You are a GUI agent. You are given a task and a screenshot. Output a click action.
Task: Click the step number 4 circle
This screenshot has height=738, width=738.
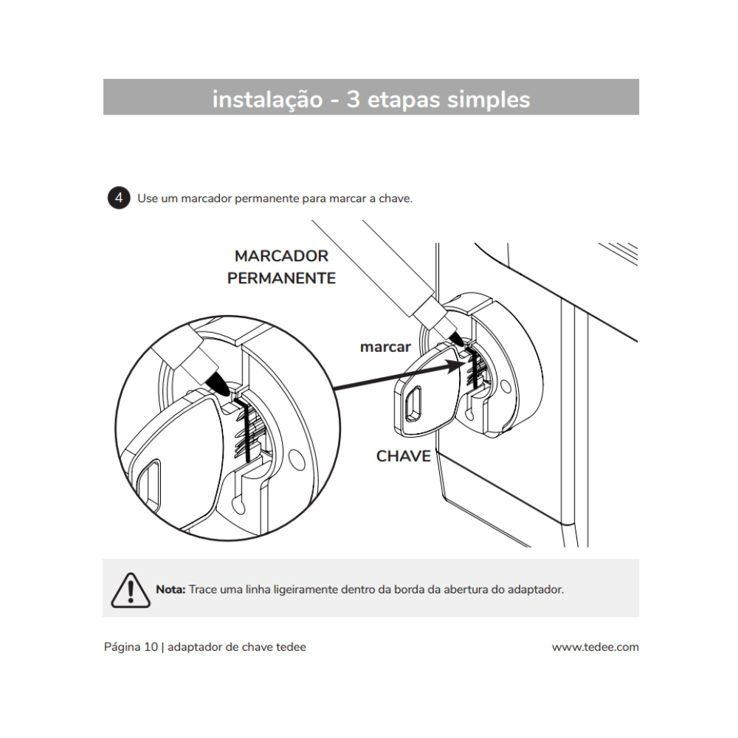pos(119,199)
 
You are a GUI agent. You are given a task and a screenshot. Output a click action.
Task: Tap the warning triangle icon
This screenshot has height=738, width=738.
pos(130,590)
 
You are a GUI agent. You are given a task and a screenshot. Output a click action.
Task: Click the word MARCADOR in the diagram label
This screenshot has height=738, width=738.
pos(281,256)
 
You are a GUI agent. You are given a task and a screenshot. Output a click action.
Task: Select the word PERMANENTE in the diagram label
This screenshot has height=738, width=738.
pos(281,278)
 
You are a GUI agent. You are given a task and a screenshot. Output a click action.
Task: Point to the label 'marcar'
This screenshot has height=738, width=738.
pos(385,347)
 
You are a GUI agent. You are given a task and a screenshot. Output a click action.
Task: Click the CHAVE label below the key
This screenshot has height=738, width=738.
pos(403,456)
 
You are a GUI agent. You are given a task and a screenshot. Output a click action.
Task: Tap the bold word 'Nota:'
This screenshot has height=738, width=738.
pos(170,590)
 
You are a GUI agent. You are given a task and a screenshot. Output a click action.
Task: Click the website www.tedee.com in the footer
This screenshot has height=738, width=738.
pos(595,647)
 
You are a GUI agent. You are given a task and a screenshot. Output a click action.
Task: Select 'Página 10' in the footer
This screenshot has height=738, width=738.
pos(131,647)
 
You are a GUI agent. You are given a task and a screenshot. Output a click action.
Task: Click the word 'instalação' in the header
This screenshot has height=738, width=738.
pos(266,99)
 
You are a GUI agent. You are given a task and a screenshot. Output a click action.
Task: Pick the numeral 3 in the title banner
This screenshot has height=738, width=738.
pos(353,99)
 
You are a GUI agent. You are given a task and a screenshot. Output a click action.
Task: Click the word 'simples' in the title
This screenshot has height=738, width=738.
pos(489,99)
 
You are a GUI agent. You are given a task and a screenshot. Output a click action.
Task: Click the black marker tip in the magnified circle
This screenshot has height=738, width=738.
pos(219,382)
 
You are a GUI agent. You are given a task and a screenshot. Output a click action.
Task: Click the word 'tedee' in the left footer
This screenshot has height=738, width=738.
pos(290,647)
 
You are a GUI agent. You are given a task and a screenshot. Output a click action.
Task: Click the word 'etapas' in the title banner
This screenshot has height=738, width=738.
pos(404,99)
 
